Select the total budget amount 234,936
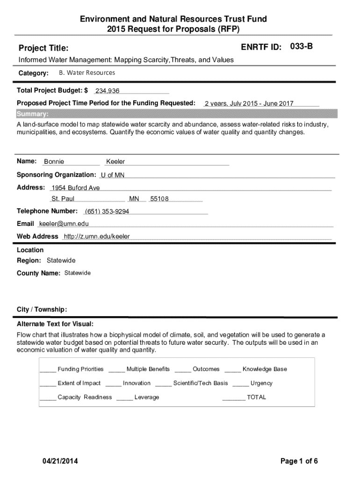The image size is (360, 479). coord(107,91)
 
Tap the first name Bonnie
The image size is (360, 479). coord(54,162)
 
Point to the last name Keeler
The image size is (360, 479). coord(115,162)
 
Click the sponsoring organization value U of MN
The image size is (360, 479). coord(113,175)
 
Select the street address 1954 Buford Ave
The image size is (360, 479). coord(76,188)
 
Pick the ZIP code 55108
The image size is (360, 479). coord(159,199)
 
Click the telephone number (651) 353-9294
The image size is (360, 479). coord(107,211)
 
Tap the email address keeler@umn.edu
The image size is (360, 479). coord(64,224)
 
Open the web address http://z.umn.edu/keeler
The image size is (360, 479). coord(97,236)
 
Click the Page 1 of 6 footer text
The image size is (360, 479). coord(299,461)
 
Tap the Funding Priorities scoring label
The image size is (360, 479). coord(80,369)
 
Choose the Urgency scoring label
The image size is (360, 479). coord(261,383)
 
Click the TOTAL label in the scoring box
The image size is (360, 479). coord(256,397)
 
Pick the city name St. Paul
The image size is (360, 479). coord(63,199)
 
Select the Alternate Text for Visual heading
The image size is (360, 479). coord(55,324)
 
